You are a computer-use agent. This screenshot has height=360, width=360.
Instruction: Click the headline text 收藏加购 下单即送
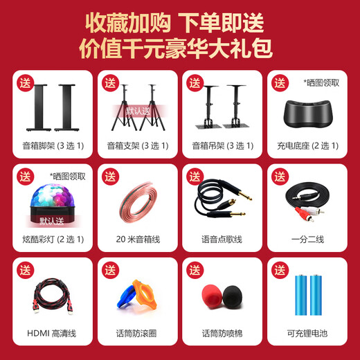pos(179,23)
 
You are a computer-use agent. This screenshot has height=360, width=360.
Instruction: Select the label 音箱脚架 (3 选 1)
pos(53,146)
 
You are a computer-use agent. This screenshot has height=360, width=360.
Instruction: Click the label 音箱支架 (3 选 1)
pos(138,146)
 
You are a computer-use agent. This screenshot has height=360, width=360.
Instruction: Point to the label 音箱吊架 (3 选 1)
pos(222,146)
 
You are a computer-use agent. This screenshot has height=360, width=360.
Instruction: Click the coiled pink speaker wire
pos(137,204)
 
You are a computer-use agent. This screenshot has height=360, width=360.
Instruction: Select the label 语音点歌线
pos(222,240)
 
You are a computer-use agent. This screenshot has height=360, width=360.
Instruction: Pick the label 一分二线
pos(307,240)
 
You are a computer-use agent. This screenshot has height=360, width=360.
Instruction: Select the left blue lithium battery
pos(300,295)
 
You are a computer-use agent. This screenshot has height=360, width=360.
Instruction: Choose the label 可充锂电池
pos(307,334)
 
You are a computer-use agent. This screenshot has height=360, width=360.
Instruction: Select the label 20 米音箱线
pos(138,240)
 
